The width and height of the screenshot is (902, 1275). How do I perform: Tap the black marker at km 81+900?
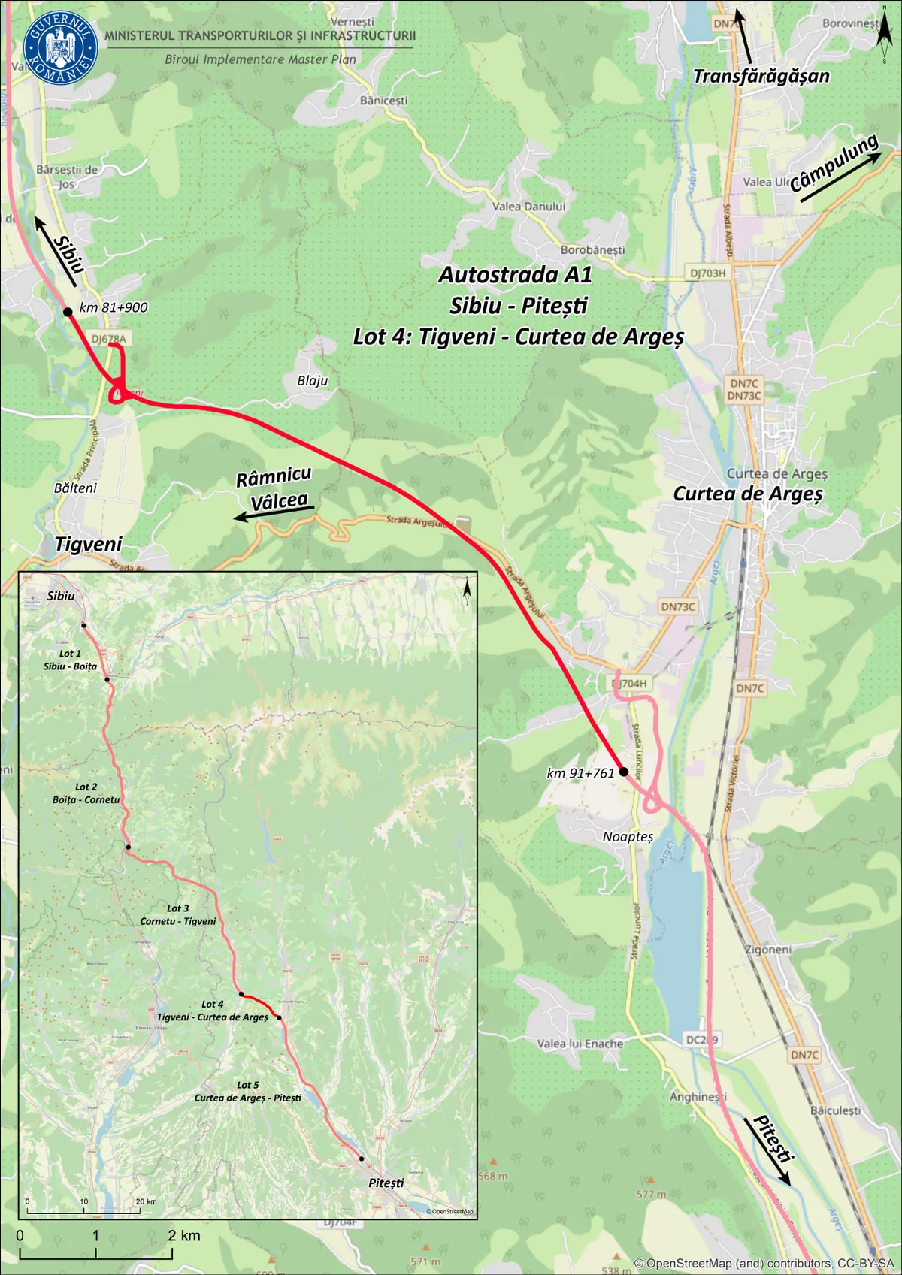68,311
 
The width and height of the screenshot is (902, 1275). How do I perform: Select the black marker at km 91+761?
623,772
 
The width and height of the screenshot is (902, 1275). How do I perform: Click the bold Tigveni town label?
88,544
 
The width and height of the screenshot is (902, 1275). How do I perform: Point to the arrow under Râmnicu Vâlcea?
274,514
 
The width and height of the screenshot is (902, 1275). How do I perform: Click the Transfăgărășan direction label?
761,76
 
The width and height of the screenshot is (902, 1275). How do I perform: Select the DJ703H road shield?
707,273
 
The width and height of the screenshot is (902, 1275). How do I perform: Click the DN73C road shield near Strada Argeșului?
677,606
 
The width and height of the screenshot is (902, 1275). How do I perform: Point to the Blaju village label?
312,381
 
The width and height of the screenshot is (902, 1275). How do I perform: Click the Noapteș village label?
628,836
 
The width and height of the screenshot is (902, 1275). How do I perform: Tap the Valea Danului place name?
528,207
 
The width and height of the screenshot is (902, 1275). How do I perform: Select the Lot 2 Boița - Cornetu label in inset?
86,793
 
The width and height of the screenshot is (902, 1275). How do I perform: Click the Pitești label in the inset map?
386,1183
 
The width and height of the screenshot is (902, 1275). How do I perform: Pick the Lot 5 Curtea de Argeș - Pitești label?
247,1091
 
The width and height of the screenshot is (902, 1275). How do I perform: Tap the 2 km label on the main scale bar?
184,1235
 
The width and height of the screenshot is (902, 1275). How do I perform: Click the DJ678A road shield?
109,339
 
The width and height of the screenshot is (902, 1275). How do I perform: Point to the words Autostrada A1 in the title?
515,275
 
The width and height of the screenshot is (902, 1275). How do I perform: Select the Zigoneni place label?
767,950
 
